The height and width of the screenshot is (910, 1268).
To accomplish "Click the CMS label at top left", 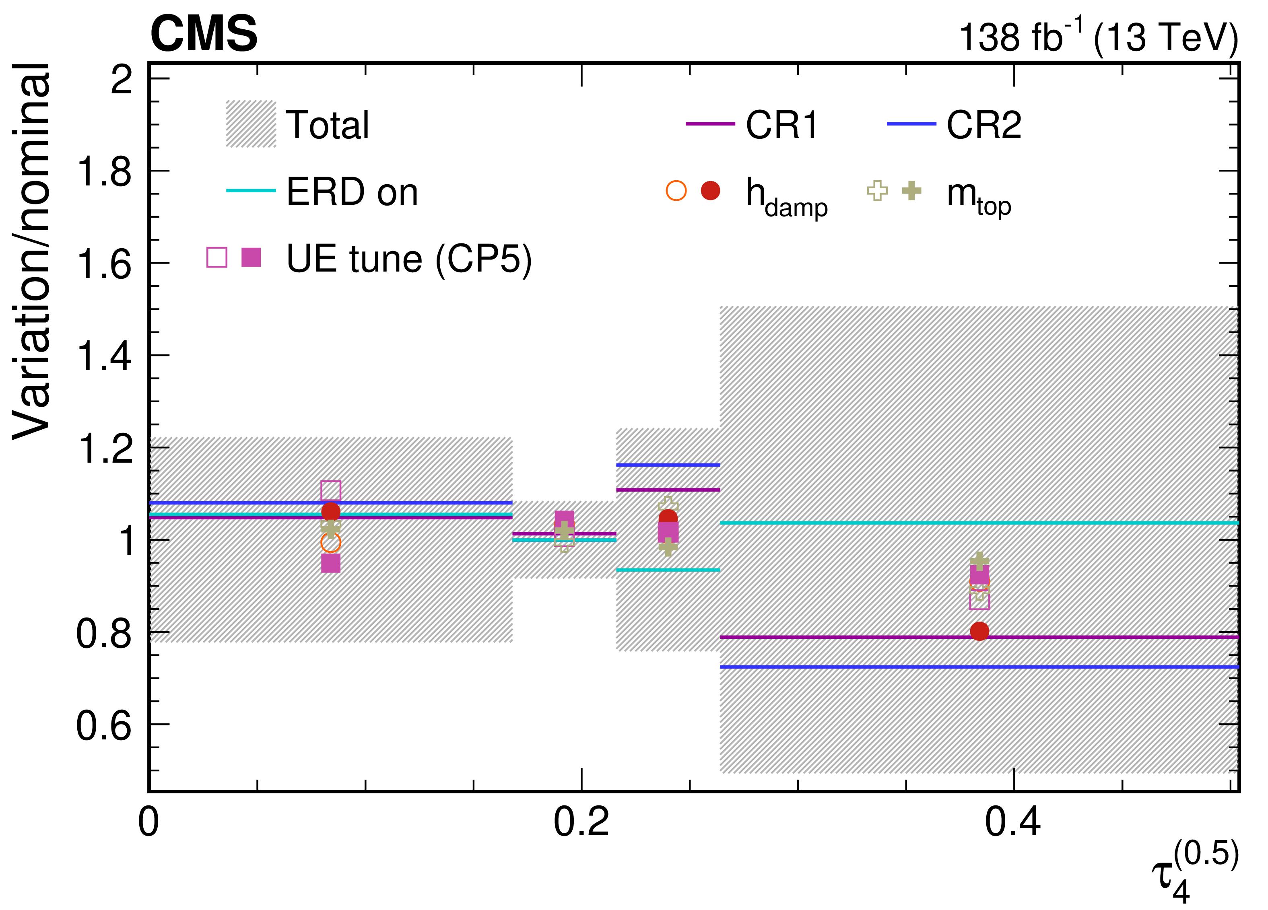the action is coord(204,33).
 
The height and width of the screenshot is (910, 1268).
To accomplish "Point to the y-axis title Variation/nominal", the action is coord(32,251).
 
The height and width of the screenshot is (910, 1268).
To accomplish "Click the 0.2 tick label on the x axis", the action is coord(581,821).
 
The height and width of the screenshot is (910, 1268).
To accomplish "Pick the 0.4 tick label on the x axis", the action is coord(1013,821).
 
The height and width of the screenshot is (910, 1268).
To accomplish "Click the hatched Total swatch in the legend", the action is coord(251,124).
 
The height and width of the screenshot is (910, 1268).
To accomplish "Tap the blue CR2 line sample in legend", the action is coord(911,124).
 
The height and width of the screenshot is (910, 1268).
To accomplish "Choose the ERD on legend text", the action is coord(352,192).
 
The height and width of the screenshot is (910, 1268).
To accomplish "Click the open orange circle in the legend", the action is coord(676,191).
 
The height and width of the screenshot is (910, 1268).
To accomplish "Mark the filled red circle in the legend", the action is coord(710,191).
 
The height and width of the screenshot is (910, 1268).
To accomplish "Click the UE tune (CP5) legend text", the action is coord(409,259).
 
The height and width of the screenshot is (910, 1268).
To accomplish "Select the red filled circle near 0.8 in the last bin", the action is coord(979,631).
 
